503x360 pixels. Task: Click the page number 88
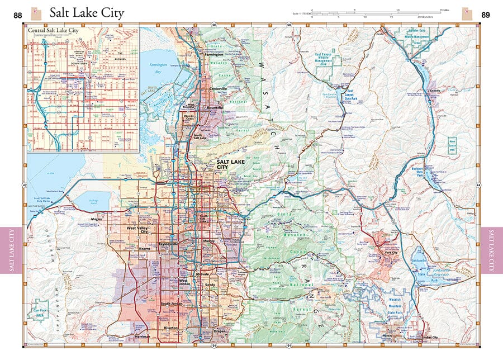18,15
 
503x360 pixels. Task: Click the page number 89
486,15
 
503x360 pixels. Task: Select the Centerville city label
218,89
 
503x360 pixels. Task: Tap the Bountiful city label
215,107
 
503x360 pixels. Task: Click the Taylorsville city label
168,244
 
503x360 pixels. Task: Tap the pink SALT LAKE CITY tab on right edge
491,250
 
